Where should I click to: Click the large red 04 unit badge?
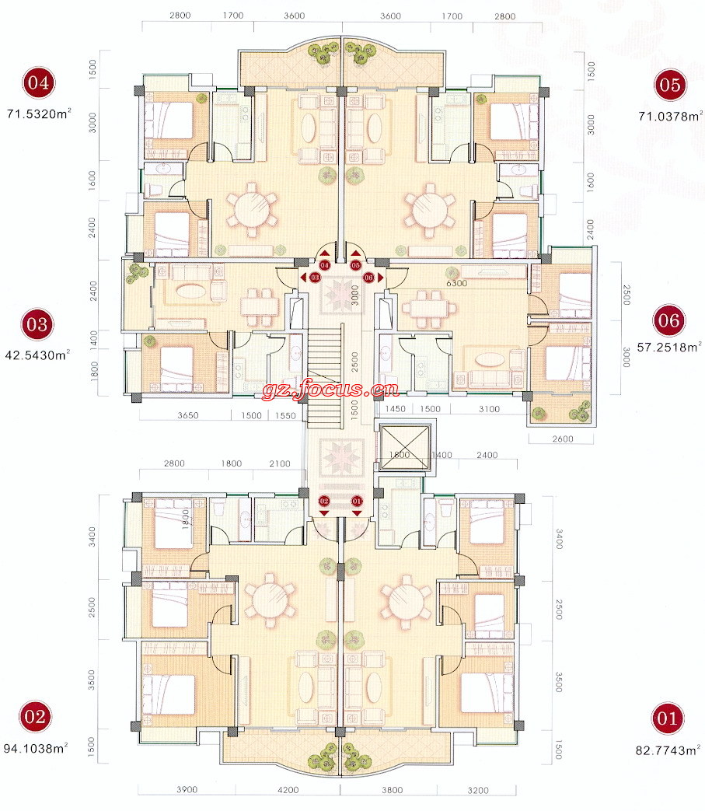point(38,82)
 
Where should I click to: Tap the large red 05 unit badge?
point(670,85)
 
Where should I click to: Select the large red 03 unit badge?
point(37,325)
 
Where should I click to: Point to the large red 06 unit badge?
point(668,320)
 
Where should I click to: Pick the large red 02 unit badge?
point(35,717)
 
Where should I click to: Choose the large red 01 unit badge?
point(667,718)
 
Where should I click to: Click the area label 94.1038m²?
point(36,748)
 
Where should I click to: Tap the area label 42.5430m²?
point(37,355)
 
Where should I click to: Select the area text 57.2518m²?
point(669,347)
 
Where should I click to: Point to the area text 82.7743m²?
point(668,750)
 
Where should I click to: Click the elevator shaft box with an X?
point(404,447)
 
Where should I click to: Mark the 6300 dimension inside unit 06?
point(456,283)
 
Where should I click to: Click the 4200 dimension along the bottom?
point(288,790)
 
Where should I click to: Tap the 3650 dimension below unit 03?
point(187,415)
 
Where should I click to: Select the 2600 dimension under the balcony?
point(562,439)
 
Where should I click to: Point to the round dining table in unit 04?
point(252,209)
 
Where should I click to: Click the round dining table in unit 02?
point(270,600)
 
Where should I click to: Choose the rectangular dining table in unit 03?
point(257,307)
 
